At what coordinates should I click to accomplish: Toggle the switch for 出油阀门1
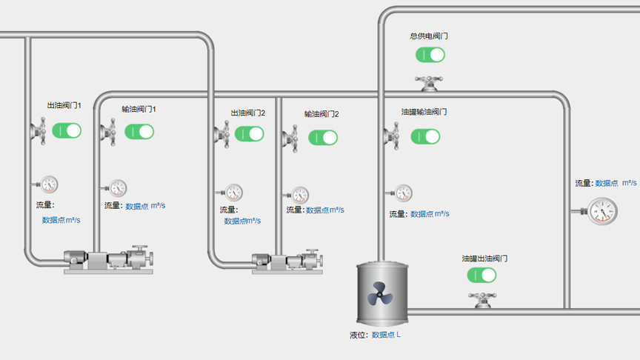coord(67,130)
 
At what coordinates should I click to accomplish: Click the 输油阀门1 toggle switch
coord(139,132)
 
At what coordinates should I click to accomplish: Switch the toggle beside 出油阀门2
coord(250,134)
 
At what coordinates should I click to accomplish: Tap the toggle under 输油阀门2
coord(323,138)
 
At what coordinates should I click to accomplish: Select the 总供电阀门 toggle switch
coord(430,55)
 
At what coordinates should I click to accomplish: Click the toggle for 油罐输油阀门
coord(425,136)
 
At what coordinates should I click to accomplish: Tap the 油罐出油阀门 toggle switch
coord(481,275)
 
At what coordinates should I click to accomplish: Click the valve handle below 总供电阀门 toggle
coord(429,83)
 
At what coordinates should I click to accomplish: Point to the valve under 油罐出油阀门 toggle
coord(482,300)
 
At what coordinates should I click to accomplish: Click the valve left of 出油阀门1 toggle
coord(39,131)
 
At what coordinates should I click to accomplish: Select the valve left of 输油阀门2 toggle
coord(290,139)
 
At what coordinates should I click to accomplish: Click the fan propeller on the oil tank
coord(380,293)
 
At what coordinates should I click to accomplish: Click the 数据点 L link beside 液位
coord(386,335)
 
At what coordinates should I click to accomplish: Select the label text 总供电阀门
coord(429,36)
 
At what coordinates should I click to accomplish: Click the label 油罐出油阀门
coord(484,259)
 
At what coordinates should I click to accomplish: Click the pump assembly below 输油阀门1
coord(109,260)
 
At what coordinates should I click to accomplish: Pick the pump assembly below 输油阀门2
coord(287,261)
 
